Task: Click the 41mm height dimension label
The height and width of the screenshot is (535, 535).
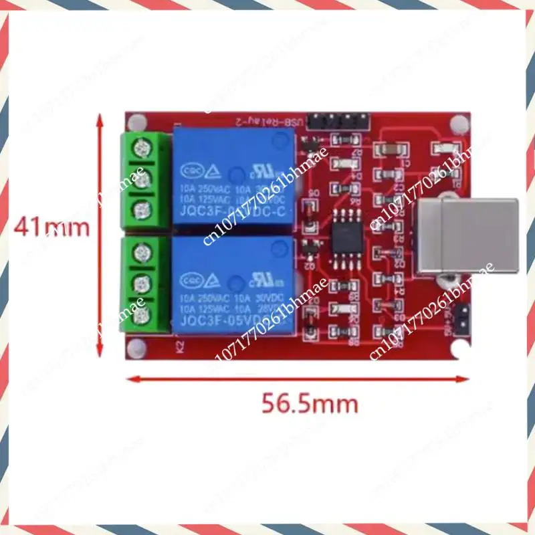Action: click(52, 228)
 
